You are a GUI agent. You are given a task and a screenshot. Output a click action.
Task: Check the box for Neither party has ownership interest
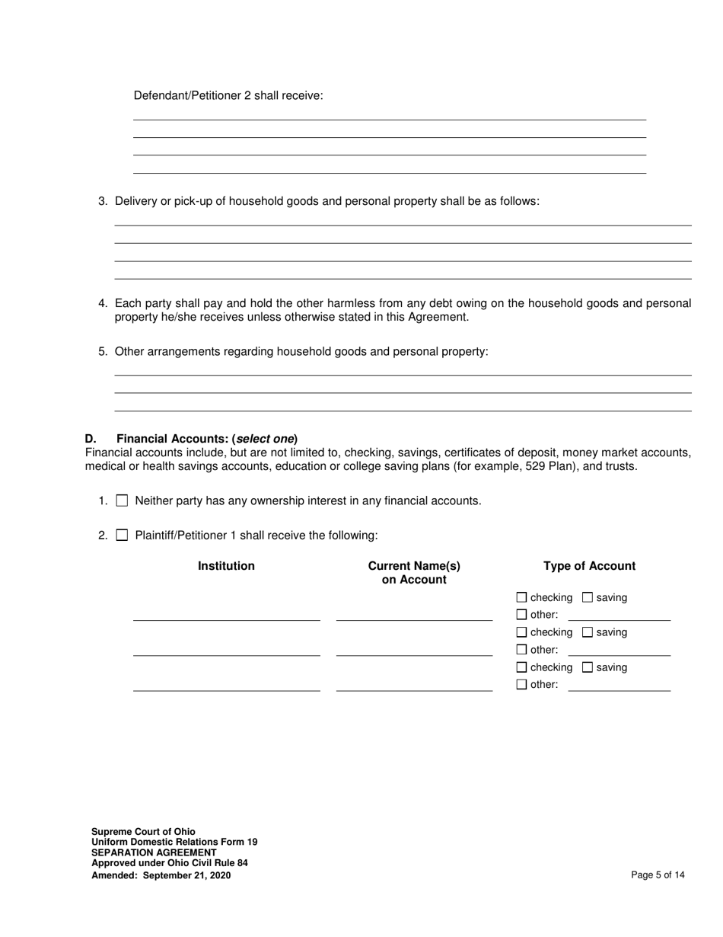tap(122, 501)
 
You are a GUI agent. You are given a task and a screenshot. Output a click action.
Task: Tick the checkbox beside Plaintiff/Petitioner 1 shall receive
tap(122, 536)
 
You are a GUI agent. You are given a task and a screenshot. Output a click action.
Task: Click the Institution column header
tap(226, 566)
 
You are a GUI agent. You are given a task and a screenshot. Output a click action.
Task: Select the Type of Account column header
tap(589, 566)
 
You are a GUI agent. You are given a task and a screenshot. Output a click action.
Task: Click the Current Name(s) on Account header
tap(414, 573)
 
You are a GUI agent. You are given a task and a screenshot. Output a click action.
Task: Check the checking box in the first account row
tap(521, 598)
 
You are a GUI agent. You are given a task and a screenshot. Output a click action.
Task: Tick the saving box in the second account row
tap(587, 632)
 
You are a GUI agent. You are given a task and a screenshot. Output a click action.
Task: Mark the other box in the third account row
tap(521, 684)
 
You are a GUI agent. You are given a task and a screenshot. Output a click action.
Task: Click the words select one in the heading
tap(265, 439)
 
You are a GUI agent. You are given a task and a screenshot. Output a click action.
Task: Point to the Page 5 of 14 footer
tap(658, 875)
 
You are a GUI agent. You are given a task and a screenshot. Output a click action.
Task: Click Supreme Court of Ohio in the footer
tap(143, 832)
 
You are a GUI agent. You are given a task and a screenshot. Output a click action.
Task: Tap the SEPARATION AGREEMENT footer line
tap(154, 853)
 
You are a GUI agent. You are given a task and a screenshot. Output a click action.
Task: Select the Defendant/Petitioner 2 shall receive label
tap(228, 95)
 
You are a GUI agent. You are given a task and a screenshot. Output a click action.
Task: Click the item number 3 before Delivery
tap(102, 201)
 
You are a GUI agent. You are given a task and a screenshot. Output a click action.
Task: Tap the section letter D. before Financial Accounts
tap(91, 439)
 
